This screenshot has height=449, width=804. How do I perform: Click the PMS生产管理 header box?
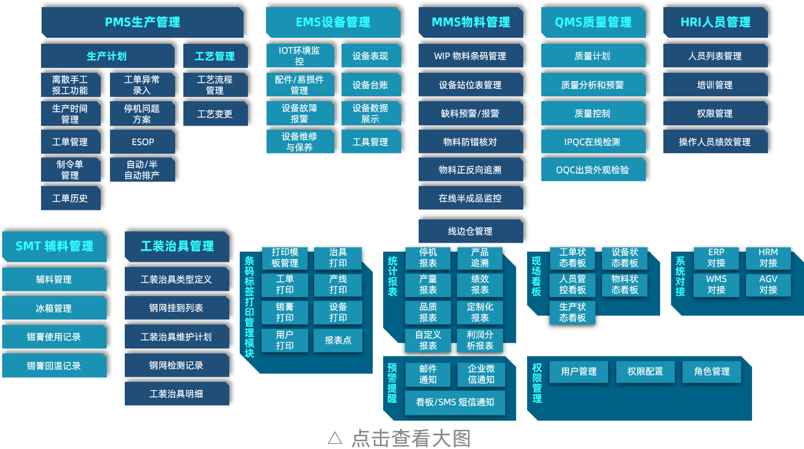coord(142,22)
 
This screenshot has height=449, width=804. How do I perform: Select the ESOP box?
coord(142,142)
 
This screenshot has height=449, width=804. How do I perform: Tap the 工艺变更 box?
coord(215,114)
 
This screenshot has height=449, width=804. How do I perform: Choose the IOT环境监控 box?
coord(299,56)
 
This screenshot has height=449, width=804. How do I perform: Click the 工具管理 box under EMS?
coord(371,142)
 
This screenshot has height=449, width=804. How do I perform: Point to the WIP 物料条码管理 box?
coord(470,56)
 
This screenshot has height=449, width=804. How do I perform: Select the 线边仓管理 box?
coord(470,231)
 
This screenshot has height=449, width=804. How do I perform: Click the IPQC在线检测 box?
coord(593,142)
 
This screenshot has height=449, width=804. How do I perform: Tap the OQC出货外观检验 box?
coord(593,170)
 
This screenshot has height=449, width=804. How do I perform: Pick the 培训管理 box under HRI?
coord(715,85)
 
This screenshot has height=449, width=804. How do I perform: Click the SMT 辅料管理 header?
coord(54,246)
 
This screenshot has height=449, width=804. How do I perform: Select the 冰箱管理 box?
coord(54,308)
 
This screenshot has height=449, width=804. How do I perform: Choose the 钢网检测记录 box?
coord(176,365)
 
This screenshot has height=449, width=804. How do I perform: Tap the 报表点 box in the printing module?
coord(338,340)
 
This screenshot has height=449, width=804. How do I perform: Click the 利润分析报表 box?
coord(480,340)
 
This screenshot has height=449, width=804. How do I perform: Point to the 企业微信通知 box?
coord(481,374)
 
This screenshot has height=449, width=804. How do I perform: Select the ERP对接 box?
coord(716,257)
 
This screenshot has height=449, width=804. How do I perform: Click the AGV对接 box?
coord(768,284)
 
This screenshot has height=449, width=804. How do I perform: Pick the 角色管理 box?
coord(712,371)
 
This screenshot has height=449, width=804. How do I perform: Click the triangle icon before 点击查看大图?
coord(335,438)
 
